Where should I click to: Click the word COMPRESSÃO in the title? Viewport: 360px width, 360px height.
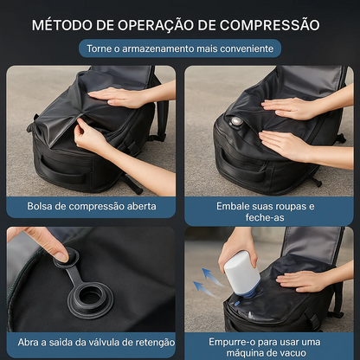coord(269,24)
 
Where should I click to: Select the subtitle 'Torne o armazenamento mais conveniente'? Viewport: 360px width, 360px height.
coord(180,48)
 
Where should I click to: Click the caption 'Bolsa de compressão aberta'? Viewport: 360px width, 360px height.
coord(91,208)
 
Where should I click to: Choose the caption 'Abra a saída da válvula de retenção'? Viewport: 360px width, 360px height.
coord(91,342)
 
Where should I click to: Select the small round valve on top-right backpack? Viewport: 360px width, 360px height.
coord(236,122)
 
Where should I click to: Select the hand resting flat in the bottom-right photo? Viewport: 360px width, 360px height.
coord(305,280)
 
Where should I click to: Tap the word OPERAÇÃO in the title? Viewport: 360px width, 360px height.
coord(158,24)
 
